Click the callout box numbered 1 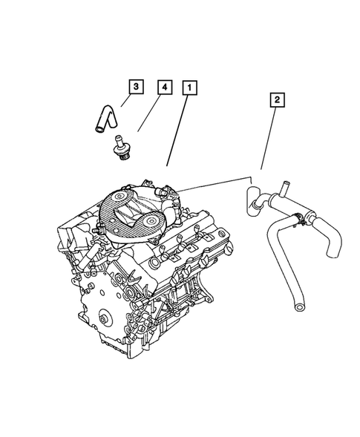[191, 88]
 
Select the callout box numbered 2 [276, 99]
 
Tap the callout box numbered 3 [135, 88]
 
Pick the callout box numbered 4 [163, 88]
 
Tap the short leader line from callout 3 [125, 102]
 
